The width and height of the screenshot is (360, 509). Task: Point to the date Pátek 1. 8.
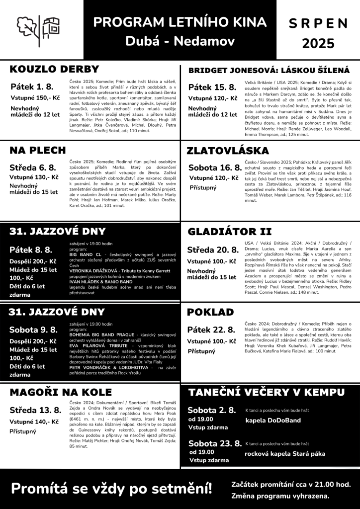coord(32,87)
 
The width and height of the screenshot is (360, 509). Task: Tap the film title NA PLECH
coord(38,150)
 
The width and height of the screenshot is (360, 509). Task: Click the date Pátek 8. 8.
coord(31,250)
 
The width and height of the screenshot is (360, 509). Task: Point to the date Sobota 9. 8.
coord(33,330)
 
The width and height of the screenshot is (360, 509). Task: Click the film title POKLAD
coord(210,312)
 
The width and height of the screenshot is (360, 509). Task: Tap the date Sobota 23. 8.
coord(215,443)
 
